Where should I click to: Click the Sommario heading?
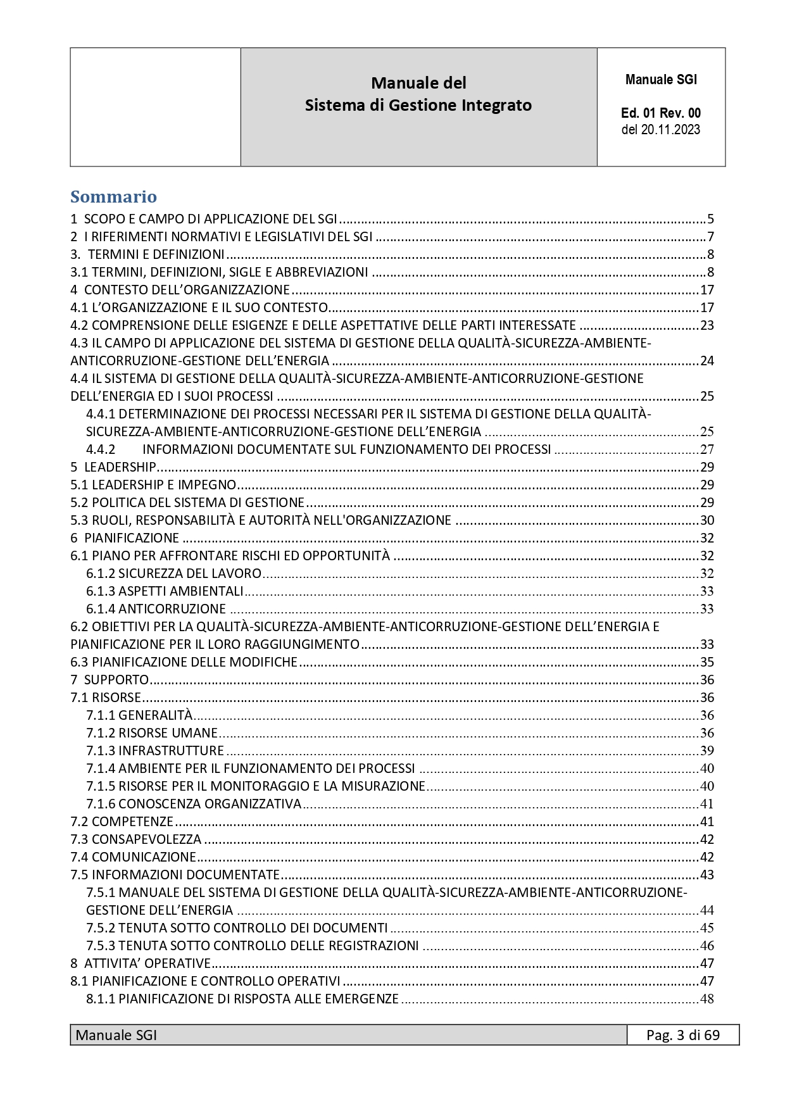113,197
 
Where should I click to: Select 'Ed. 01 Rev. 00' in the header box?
660,113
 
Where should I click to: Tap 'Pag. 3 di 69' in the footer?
682,1035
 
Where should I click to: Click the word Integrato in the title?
496,105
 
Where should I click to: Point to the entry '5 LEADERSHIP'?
113,467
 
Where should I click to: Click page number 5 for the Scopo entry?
710,219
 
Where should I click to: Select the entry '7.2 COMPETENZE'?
122,822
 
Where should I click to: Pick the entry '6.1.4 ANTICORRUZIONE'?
156,609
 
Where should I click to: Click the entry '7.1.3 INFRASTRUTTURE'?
155,751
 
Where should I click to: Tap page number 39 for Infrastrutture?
706,751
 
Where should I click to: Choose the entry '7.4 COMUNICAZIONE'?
133,857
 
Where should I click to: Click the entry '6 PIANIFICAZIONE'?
125,538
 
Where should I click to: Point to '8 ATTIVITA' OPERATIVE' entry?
140,963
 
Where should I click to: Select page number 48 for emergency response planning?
706,999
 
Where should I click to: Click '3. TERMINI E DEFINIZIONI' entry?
147,254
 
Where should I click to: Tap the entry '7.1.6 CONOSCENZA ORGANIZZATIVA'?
194,804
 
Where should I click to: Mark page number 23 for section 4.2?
706,325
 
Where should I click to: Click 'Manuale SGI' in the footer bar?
116,1035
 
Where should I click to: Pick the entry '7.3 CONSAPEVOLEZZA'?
135,839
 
